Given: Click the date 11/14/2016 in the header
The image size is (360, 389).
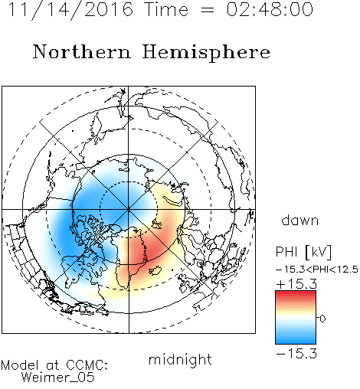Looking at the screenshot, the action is click(x=70, y=10).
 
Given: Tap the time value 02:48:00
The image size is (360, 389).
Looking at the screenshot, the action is click(x=270, y=9).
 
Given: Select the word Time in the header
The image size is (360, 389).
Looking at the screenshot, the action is click(x=166, y=9).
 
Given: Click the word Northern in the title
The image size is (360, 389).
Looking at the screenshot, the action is click(x=82, y=52).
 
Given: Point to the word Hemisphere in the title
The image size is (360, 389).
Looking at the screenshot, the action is click(x=206, y=53).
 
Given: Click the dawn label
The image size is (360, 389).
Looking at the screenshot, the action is click(x=300, y=220).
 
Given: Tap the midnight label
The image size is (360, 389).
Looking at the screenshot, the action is click(x=180, y=359).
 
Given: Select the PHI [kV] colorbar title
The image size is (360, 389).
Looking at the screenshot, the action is click(x=303, y=252).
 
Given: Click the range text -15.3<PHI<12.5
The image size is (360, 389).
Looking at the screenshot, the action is click(x=317, y=270).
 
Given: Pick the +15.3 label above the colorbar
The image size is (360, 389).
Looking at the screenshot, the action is click(x=296, y=284).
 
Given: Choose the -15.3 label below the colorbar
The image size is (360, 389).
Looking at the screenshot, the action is click(x=296, y=353).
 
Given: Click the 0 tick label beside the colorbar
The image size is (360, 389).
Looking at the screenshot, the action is click(x=322, y=319).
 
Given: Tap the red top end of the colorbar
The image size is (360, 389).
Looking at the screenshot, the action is click(x=296, y=293).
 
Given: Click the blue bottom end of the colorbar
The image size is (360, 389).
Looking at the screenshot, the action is click(x=296, y=342).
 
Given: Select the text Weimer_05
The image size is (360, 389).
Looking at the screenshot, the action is click(x=58, y=378).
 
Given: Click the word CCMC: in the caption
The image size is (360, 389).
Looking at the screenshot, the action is click(x=87, y=365).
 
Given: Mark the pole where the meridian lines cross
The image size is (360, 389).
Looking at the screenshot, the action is click(x=129, y=210).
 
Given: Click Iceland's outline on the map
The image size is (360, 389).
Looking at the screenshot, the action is click(x=155, y=270).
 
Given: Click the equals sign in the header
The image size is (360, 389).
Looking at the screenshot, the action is click(x=207, y=10).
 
